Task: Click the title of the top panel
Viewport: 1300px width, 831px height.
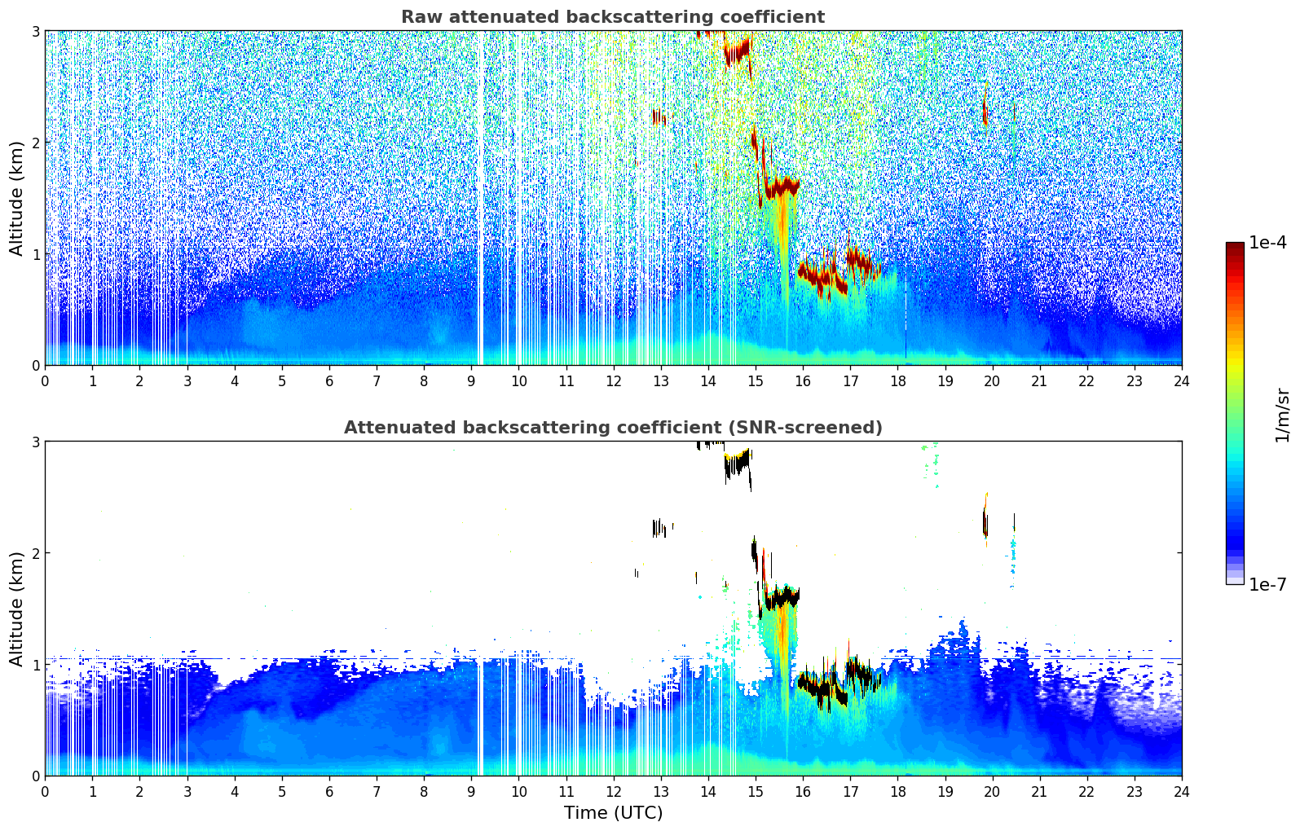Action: [612, 17]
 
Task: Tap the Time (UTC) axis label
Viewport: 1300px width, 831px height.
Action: [613, 812]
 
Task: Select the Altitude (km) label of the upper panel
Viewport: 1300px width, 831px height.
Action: [16, 198]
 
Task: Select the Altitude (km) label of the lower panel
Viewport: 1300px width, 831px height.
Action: [16, 609]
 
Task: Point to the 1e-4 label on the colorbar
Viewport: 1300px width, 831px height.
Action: [1267, 243]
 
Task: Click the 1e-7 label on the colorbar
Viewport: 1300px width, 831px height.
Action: [1267, 584]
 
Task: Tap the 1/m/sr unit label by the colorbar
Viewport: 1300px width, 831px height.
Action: [1282, 414]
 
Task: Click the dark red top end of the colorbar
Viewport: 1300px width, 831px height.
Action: [1235, 246]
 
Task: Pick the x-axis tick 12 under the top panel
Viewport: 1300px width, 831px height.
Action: [613, 380]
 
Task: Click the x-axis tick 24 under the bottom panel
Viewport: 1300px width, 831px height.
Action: [1181, 791]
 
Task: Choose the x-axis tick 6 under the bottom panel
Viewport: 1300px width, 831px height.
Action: [329, 791]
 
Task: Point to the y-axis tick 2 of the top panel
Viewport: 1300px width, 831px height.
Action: [35, 143]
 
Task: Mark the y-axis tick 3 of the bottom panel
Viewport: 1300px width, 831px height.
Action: [35, 442]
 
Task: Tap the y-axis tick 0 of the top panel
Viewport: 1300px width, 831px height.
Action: [35, 366]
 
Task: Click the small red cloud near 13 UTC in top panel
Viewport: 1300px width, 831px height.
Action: [659, 117]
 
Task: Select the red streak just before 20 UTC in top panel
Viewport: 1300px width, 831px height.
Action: [985, 112]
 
